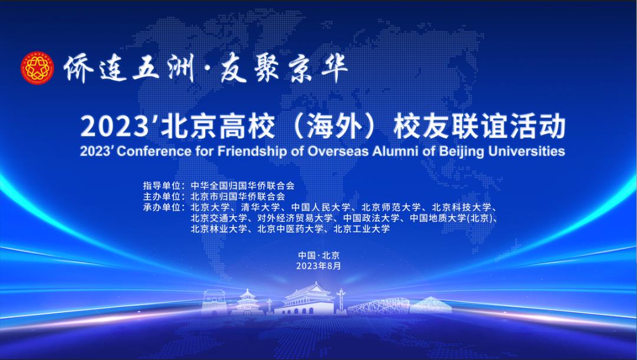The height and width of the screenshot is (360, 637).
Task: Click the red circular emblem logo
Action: [x=37, y=68]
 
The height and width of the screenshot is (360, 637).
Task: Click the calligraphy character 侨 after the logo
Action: [x=79, y=68]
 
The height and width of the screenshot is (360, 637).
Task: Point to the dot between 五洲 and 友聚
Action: [x=208, y=70]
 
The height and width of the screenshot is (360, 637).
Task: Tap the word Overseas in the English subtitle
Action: [x=338, y=151]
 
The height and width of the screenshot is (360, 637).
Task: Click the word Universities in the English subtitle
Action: [x=526, y=151]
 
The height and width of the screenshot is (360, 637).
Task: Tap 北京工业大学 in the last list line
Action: [x=362, y=228]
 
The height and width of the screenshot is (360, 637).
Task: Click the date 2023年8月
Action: [x=318, y=266]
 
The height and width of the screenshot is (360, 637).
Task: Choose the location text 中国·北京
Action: [x=319, y=256]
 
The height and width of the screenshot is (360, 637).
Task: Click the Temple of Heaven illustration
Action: [x=247, y=302]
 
